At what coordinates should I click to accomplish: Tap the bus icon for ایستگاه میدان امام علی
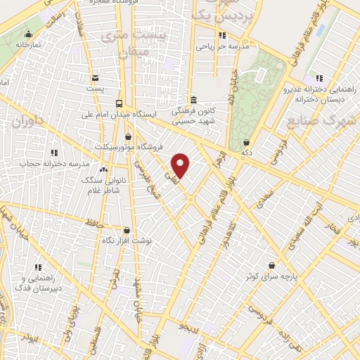(x=119, y=102)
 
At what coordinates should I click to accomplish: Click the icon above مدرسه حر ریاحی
(x=222, y=35)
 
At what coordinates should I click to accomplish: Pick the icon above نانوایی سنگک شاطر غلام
(x=104, y=169)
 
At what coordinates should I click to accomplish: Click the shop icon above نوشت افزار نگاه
(x=127, y=230)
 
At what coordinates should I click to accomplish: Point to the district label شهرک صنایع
(x=322, y=120)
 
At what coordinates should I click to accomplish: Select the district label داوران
(x=27, y=122)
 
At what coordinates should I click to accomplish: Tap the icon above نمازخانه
(x=28, y=34)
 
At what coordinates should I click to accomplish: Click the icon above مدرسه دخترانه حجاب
(x=54, y=152)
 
